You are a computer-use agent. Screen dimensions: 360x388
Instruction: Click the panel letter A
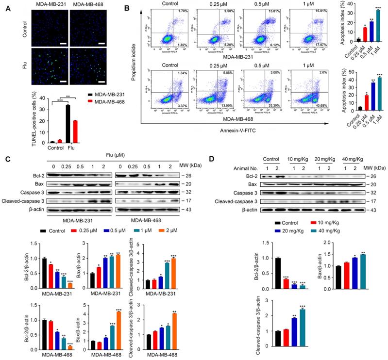tap(7, 8)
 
